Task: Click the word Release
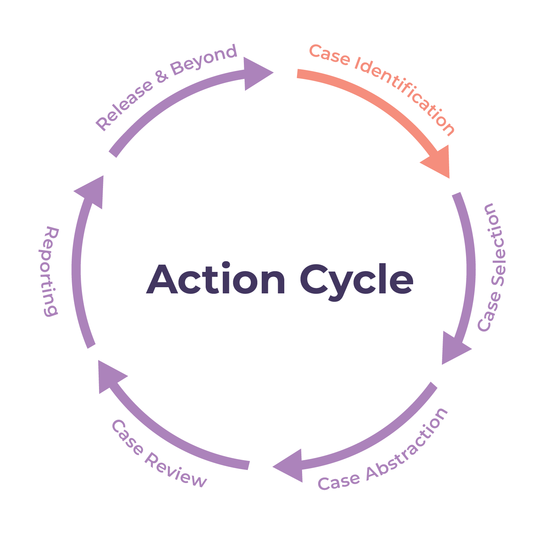coord(124,105)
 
